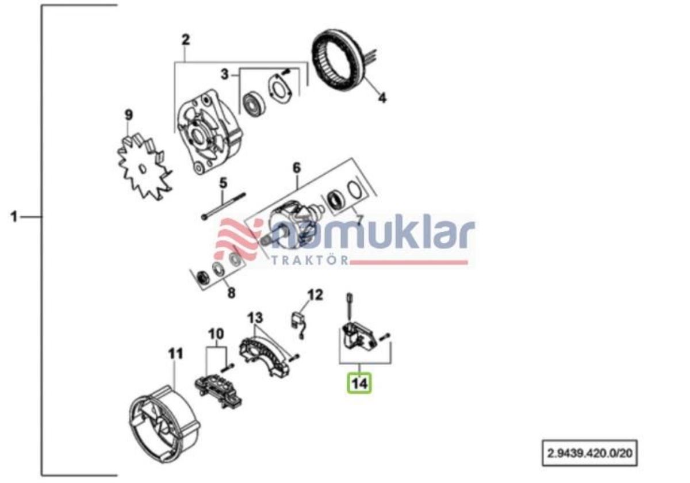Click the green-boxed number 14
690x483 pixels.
[359, 384]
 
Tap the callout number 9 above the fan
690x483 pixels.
[129, 115]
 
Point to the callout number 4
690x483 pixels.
[382, 98]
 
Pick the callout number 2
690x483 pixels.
[186, 40]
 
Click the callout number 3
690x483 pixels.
[225, 74]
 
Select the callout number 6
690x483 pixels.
[296, 168]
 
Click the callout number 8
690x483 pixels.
[231, 293]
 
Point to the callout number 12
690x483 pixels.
[316, 295]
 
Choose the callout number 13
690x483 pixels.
[255, 317]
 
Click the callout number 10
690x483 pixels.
[216, 334]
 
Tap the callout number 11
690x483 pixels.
[176, 354]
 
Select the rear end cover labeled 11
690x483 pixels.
[164, 424]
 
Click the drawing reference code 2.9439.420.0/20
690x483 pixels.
[589, 453]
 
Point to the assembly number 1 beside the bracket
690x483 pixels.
[14, 217]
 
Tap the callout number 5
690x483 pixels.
[223, 183]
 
